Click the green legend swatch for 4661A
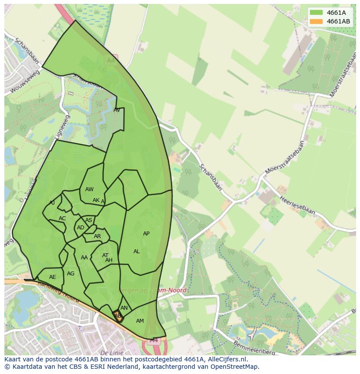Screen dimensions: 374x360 316,13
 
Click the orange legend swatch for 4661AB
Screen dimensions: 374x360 316,21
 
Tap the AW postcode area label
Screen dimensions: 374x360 89,189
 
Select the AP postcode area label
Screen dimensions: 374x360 146,234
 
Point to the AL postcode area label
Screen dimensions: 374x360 137,252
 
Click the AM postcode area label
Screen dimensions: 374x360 140,321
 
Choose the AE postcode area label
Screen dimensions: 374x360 53,277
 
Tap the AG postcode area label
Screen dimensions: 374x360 70,274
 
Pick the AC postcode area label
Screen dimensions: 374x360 62,218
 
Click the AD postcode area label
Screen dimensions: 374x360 80,228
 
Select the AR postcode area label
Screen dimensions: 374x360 97,237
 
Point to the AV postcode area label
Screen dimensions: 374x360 117,110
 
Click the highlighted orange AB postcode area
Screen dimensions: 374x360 118,316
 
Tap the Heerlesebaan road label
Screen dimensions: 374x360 297,205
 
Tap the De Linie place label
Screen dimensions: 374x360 111,353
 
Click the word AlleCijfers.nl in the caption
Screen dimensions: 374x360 226,359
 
